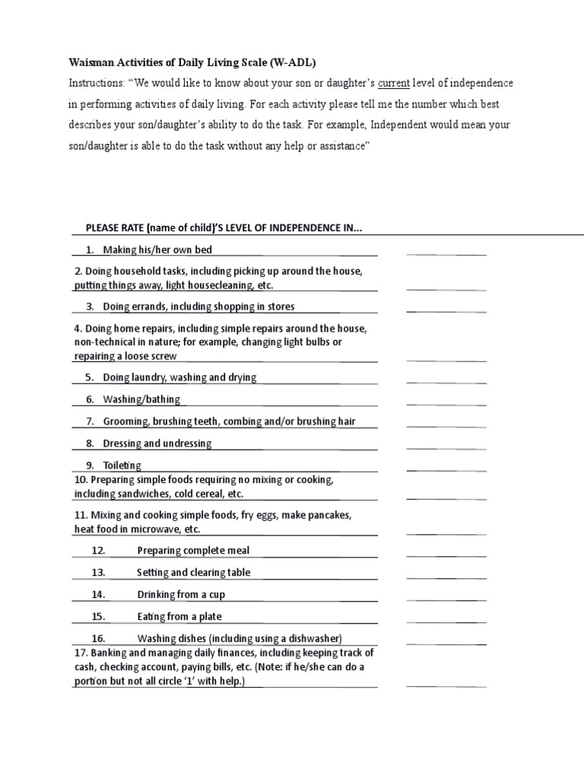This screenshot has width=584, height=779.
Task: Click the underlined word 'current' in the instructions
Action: [x=394, y=82]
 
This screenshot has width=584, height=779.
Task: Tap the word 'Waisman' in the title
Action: [x=90, y=61]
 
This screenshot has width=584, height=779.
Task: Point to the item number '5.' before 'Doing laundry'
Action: [x=89, y=377]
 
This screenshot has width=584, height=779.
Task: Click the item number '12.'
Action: [x=98, y=551]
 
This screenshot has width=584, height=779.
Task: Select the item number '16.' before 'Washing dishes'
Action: [x=98, y=639]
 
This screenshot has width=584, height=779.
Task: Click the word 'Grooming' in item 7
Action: [x=125, y=421]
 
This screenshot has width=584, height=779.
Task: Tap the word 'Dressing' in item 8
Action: [x=122, y=444]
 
